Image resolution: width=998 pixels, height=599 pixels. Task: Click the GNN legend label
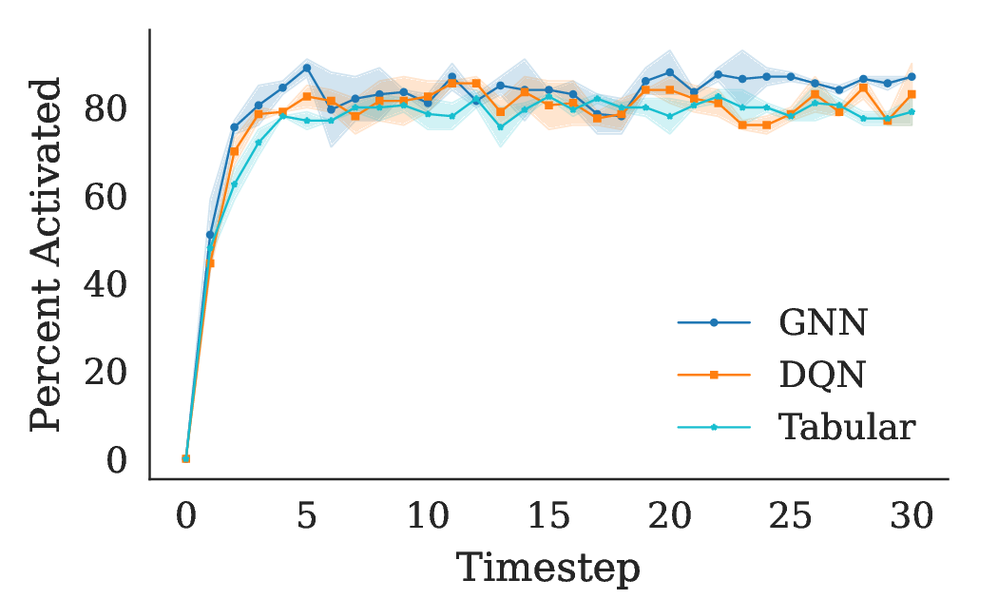822,324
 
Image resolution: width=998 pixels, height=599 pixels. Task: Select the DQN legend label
822,376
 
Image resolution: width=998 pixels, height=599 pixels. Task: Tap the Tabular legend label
846,427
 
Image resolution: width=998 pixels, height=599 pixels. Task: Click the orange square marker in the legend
714,376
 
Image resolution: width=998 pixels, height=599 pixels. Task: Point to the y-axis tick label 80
106,109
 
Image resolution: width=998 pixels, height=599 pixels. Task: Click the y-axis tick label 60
106,197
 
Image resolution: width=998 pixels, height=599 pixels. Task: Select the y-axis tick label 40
106,284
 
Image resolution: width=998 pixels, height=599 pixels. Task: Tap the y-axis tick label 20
106,372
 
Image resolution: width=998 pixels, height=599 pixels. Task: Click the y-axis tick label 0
116,459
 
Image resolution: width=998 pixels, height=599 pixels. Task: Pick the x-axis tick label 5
307,517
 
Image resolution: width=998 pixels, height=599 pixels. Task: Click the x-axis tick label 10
428,517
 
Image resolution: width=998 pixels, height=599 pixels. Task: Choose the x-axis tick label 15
548,517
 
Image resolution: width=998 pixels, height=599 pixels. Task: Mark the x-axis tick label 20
669,517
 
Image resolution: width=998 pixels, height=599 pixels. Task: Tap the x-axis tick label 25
790,517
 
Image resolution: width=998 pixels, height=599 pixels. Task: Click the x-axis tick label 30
912,517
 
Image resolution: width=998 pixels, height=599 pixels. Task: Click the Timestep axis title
548,569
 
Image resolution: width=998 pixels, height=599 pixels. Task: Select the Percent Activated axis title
46,255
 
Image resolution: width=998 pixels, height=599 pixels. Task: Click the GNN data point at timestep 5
307,68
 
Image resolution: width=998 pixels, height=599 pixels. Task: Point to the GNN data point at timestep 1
210,234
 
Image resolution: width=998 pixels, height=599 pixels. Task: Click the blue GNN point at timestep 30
912,77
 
